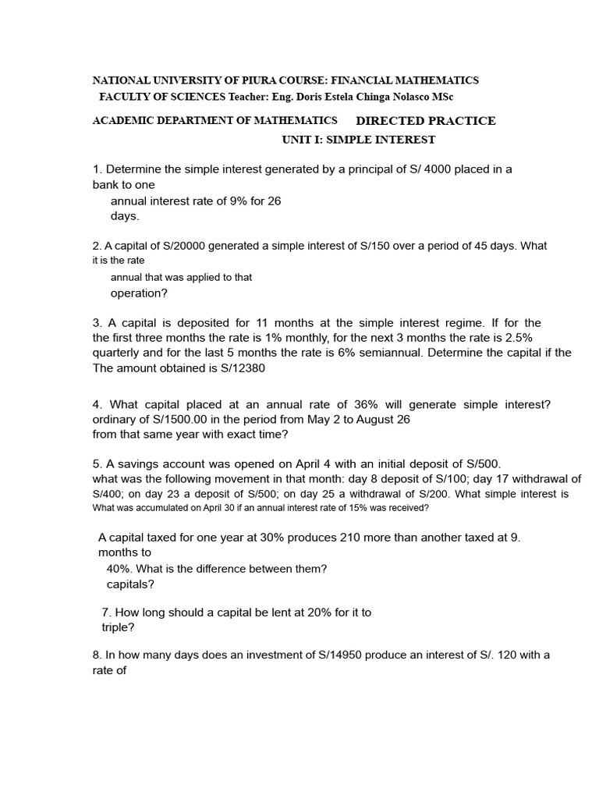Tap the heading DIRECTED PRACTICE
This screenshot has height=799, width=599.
click(x=425, y=121)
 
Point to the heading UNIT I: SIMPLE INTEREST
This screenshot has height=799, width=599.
click(x=358, y=140)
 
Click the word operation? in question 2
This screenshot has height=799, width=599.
click(x=139, y=293)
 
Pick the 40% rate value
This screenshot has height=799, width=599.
click(x=119, y=569)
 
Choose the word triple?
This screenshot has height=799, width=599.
click(x=119, y=627)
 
